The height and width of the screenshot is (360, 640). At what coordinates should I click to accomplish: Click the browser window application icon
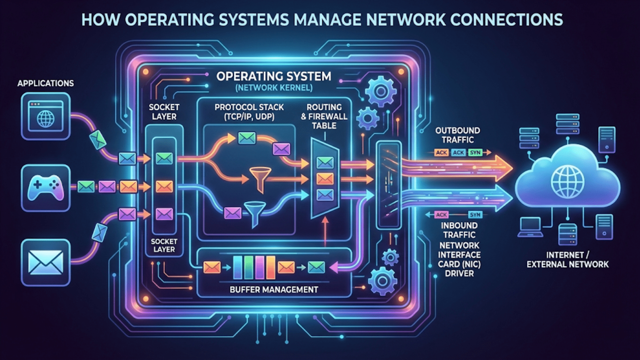tap(46, 116)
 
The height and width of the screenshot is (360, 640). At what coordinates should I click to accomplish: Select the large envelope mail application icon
tap(46, 262)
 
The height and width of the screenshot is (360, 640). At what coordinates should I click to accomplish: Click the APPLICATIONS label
tap(46, 83)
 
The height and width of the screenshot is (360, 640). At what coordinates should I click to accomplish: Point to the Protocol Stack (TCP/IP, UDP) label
tap(249, 112)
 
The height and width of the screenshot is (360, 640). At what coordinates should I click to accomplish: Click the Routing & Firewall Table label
tap(324, 116)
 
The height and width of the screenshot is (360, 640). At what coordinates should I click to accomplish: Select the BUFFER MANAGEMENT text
tap(274, 290)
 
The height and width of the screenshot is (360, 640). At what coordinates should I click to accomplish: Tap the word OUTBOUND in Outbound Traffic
tap(457, 131)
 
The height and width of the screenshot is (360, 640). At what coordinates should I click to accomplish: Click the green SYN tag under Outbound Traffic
tap(475, 153)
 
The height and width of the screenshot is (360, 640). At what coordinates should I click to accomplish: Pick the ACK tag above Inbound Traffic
tap(441, 215)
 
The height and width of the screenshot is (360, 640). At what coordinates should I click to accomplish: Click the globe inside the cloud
tap(567, 182)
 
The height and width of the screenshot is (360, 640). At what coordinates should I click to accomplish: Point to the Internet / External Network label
tap(567, 260)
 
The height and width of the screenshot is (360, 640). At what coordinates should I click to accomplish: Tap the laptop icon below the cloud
tap(530, 227)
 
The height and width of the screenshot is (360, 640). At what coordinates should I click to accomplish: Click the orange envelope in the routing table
tap(325, 179)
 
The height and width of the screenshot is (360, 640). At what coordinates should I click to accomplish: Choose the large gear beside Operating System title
tap(381, 91)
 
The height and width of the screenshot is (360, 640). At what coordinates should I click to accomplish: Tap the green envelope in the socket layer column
tap(164, 158)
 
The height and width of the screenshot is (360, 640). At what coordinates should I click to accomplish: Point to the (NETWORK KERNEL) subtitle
tap(274, 88)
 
